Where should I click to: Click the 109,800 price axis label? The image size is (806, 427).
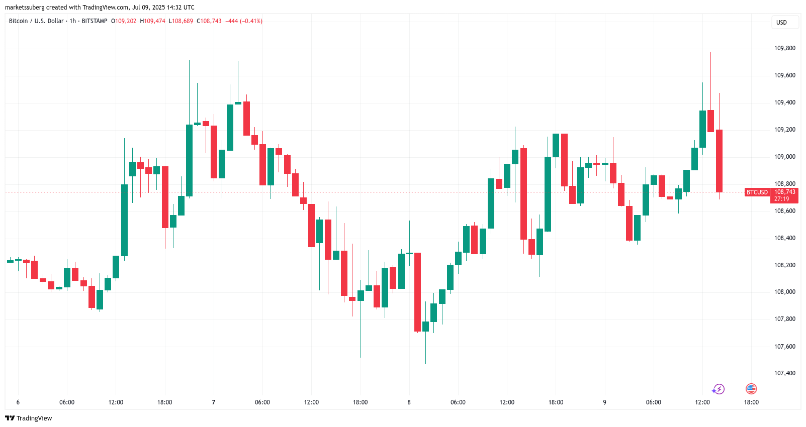(x=784, y=48)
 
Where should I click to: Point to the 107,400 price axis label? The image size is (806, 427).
(x=784, y=373)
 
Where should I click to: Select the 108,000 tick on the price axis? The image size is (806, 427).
(x=784, y=292)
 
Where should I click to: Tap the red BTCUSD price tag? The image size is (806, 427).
(x=757, y=192)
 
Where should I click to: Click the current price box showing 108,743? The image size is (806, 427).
(x=784, y=195)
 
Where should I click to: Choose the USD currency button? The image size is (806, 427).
(x=781, y=23)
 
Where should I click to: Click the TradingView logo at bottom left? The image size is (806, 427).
(x=29, y=418)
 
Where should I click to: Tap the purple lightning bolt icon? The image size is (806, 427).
(x=718, y=389)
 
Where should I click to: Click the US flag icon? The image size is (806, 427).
(x=751, y=389)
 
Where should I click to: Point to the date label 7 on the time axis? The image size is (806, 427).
(x=214, y=402)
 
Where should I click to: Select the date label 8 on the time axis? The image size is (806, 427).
(x=409, y=402)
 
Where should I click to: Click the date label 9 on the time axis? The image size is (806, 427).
(x=604, y=402)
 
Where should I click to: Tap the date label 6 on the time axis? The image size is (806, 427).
(x=18, y=402)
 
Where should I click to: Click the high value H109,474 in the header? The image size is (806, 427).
(x=152, y=21)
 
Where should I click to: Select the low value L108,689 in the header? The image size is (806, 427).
(x=181, y=21)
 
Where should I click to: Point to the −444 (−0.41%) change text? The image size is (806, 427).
(x=244, y=21)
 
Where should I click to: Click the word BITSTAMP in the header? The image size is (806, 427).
(x=95, y=21)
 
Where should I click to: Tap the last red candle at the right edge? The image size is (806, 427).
(x=719, y=161)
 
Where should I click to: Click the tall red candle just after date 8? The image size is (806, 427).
(x=417, y=291)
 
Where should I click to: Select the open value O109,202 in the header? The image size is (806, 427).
(x=124, y=21)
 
